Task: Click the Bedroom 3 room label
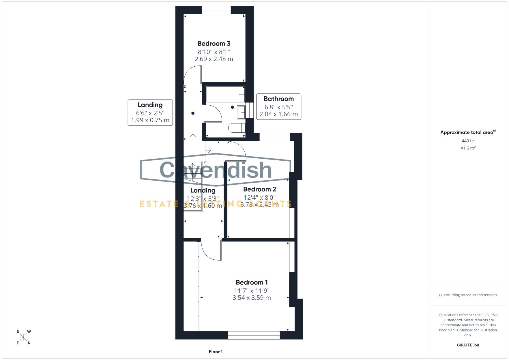(214, 43)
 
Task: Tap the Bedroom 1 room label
(252, 282)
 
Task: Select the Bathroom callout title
(278, 99)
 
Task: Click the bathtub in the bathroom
(225, 94)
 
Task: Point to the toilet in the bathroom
(236, 128)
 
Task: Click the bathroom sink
(241, 112)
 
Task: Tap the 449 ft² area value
(468, 141)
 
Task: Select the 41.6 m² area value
(468, 148)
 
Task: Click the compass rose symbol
(23, 337)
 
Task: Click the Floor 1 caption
(216, 352)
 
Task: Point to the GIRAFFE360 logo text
(468, 345)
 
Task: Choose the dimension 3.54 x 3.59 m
(252, 298)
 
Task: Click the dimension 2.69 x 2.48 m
(214, 59)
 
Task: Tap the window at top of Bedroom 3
(216, 10)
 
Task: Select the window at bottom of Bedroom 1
(254, 335)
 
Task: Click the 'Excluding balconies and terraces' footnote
(468, 295)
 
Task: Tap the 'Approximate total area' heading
(467, 132)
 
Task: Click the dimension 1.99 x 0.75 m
(150, 120)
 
